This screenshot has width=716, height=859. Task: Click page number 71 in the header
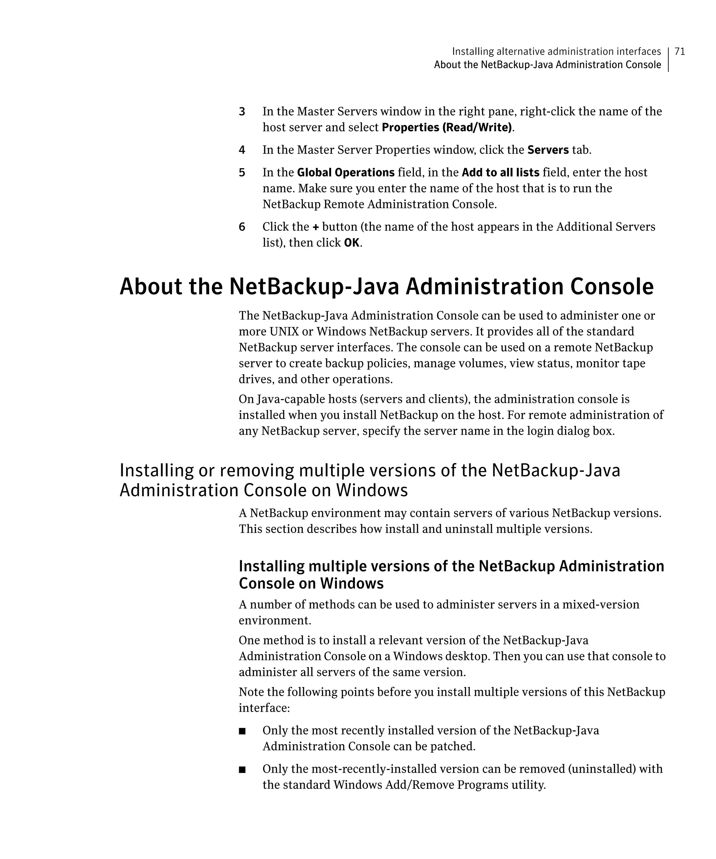click(x=680, y=51)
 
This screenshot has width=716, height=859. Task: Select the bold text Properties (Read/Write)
click(x=446, y=127)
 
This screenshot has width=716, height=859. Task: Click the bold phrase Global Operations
click(x=345, y=172)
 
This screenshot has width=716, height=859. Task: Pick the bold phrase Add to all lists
click(x=500, y=172)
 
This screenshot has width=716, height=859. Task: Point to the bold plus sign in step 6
click(x=315, y=227)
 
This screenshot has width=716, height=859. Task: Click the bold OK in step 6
click(x=351, y=243)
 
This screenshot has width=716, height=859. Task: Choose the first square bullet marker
click(x=242, y=731)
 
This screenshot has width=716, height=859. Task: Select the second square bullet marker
click(x=242, y=770)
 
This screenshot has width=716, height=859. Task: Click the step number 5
click(x=242, y=173)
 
